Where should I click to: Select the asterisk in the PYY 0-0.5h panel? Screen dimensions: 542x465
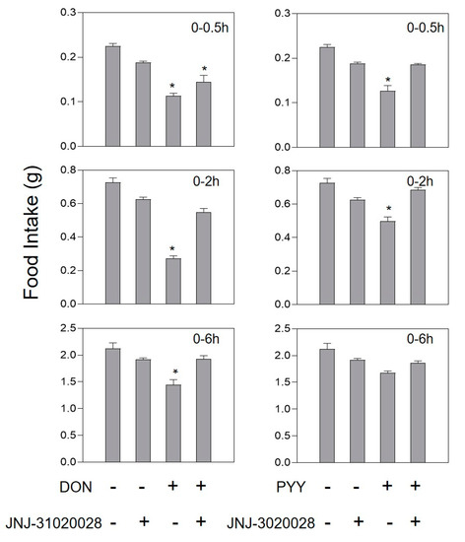point(386,80)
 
